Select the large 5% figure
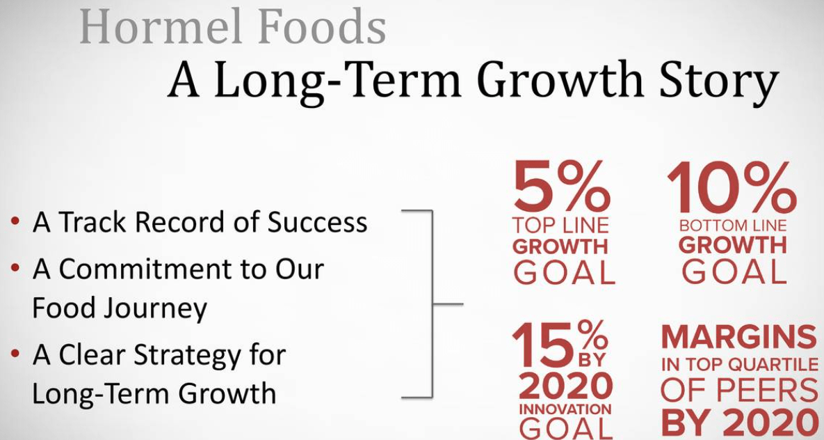(x=560, y=187)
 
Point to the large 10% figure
(x=732, y=187)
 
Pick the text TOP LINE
(x=560, y=226)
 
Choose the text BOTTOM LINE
(x=732, y=226)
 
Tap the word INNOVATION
(x=565, y=409)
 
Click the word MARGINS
(x=738, y=338)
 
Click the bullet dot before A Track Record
(x=15, y=222)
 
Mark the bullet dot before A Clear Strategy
(x=15, y=354)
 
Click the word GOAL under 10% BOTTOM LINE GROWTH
(x=734, y=271)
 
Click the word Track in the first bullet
(x=94, y=222)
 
